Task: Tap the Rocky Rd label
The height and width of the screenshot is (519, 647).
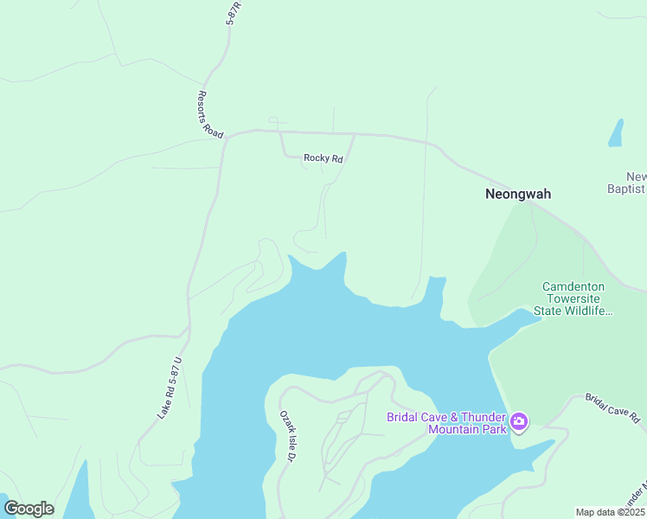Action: tap(323, 158)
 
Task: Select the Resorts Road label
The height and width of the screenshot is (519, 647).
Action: tap(211, 115)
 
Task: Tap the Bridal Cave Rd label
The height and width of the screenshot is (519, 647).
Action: tap(613, 407)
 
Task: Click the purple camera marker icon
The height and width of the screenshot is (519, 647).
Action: tap(519, 422)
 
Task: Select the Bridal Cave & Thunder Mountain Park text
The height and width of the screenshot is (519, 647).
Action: tap(445, 423)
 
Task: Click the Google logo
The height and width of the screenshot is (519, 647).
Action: tap(29, 508)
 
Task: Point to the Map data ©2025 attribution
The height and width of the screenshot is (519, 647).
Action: tap(610, 512)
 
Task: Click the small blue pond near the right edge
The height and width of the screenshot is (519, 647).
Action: tap(616, 132)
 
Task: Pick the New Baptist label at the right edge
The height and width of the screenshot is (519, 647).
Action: tap(627, 182)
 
